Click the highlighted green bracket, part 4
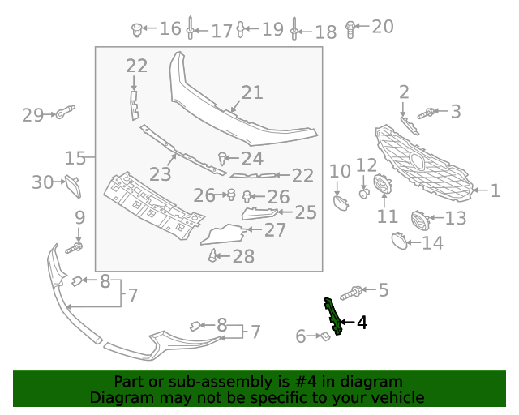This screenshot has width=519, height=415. [332, 314]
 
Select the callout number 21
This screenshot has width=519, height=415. [252, 92]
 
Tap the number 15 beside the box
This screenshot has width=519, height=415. [75, 156]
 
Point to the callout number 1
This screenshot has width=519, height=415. [495, 191]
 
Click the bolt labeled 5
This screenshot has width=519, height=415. [354, 291]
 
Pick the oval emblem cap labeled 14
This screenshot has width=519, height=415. [399, 240]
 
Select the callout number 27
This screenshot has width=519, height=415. [275, 230]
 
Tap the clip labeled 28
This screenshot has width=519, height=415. [213, 256]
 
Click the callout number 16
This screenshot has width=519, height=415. [170, 29]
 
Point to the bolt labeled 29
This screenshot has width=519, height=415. [65, 113]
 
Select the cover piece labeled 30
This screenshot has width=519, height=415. [73, 186]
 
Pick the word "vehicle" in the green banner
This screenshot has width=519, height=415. [397, 397]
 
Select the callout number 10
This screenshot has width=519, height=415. [340, 171]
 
